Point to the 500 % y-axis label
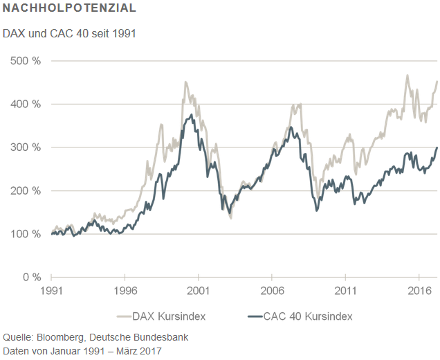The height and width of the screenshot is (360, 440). click(x=27, y=61)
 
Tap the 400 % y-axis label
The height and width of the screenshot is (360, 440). click(x=27, y=104)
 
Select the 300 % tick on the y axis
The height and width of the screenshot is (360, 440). click(x=27, y=147)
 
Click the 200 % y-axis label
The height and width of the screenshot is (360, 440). click(x=27, y=190)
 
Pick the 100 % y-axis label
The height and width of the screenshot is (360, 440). click(x=27, y=234)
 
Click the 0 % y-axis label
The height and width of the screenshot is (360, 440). click(x=31, y=277)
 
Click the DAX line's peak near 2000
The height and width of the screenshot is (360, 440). click(x=185, y=82)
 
